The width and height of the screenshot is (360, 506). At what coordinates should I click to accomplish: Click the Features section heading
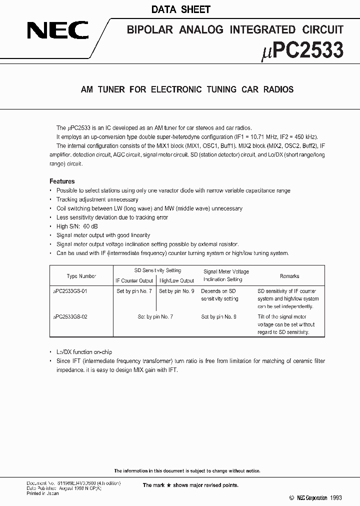pos(62,181)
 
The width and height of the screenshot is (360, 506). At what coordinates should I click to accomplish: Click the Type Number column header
pos(81,276)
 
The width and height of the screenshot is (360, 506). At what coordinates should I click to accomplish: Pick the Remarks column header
pos(289,276)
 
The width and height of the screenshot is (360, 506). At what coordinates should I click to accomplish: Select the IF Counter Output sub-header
pos(134,280)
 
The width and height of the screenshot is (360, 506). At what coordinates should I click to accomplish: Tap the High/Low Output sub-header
pos(176,280)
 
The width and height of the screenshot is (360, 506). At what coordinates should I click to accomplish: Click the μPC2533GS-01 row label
pos(70,291)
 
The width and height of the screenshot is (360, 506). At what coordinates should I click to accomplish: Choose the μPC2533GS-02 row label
pos(70,316)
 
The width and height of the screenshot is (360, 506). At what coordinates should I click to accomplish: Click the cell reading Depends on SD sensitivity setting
pos(219,294)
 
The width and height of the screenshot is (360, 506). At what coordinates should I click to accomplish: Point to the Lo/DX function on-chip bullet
pos(84,352)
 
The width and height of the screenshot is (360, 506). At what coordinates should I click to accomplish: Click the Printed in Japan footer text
pos(42,493)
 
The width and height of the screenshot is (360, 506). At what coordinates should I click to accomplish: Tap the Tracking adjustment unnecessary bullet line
pos(97,199)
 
